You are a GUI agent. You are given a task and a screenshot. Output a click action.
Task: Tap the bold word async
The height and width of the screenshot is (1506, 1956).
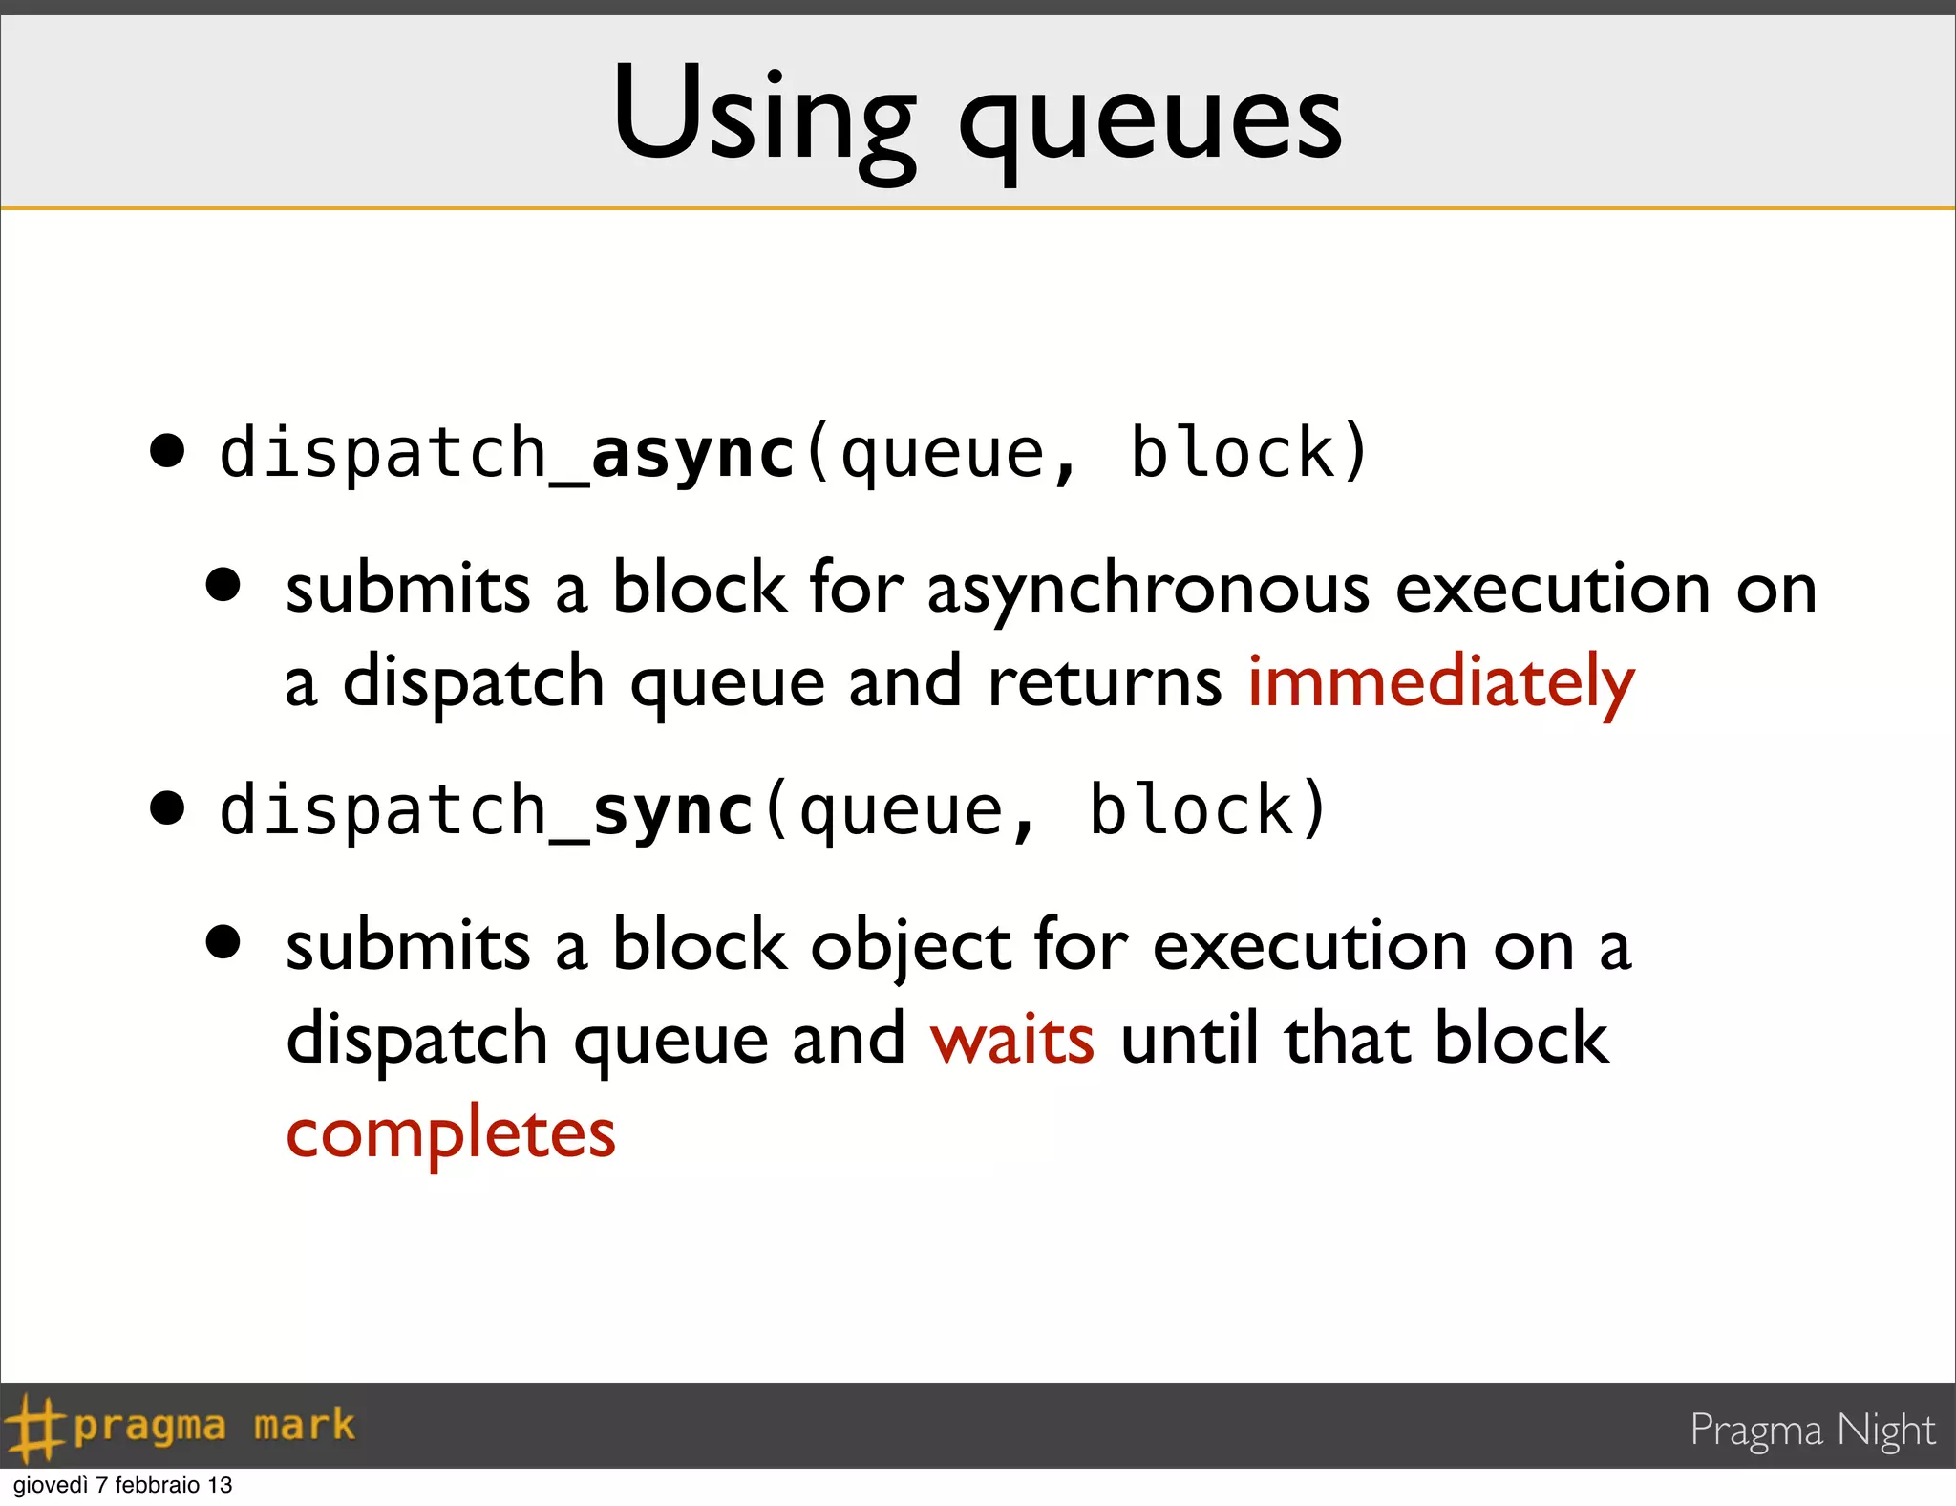tap(693, 453)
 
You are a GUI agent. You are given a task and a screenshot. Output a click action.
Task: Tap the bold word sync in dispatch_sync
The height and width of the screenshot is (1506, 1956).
tap(673, 810)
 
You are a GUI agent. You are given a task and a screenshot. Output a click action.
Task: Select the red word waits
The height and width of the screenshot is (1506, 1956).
tap(1012, 1039)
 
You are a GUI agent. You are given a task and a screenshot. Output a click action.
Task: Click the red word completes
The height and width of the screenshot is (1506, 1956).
tap(451, 1134)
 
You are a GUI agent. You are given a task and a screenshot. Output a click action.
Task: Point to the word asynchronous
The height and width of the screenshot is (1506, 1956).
tap(1148, 589)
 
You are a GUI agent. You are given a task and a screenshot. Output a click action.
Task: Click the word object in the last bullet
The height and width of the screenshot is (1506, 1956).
tap(910, 946)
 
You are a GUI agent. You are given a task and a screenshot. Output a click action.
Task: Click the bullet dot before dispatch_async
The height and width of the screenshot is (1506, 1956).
tap(167, 451)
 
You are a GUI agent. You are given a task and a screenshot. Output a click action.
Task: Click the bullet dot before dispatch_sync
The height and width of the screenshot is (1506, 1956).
tap(167, 808)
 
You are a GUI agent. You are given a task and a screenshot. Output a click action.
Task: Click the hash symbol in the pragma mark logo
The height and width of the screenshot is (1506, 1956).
tap(32, 1427)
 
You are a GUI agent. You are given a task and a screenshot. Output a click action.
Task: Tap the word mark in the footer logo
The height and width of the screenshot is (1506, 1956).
tap(304, 1426)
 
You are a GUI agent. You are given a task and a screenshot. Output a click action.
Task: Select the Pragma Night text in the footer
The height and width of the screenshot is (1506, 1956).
tap(1812, 1430)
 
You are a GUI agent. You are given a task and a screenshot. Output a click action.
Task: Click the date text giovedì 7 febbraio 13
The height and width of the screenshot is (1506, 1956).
tap(122, 1485)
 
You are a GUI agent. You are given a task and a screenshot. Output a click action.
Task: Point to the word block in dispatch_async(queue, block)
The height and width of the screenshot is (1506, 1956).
tap(1232, 453)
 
